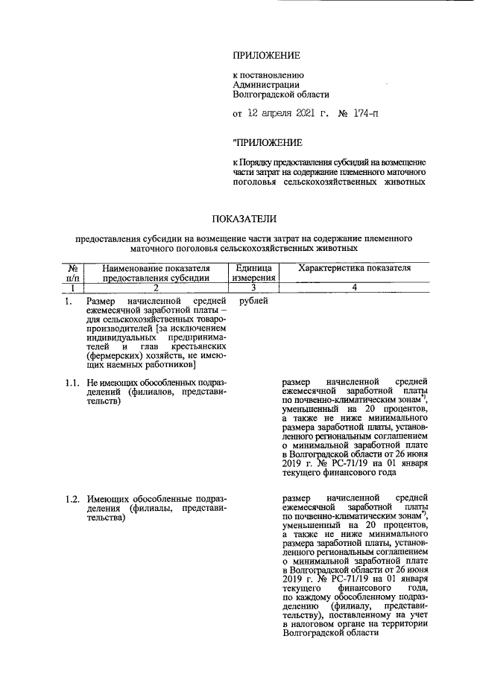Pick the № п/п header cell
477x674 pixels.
(74, 273)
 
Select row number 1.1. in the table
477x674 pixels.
(72, 383)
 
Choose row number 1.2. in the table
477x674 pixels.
(72, 497)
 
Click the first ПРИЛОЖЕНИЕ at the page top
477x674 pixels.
(266, 55)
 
